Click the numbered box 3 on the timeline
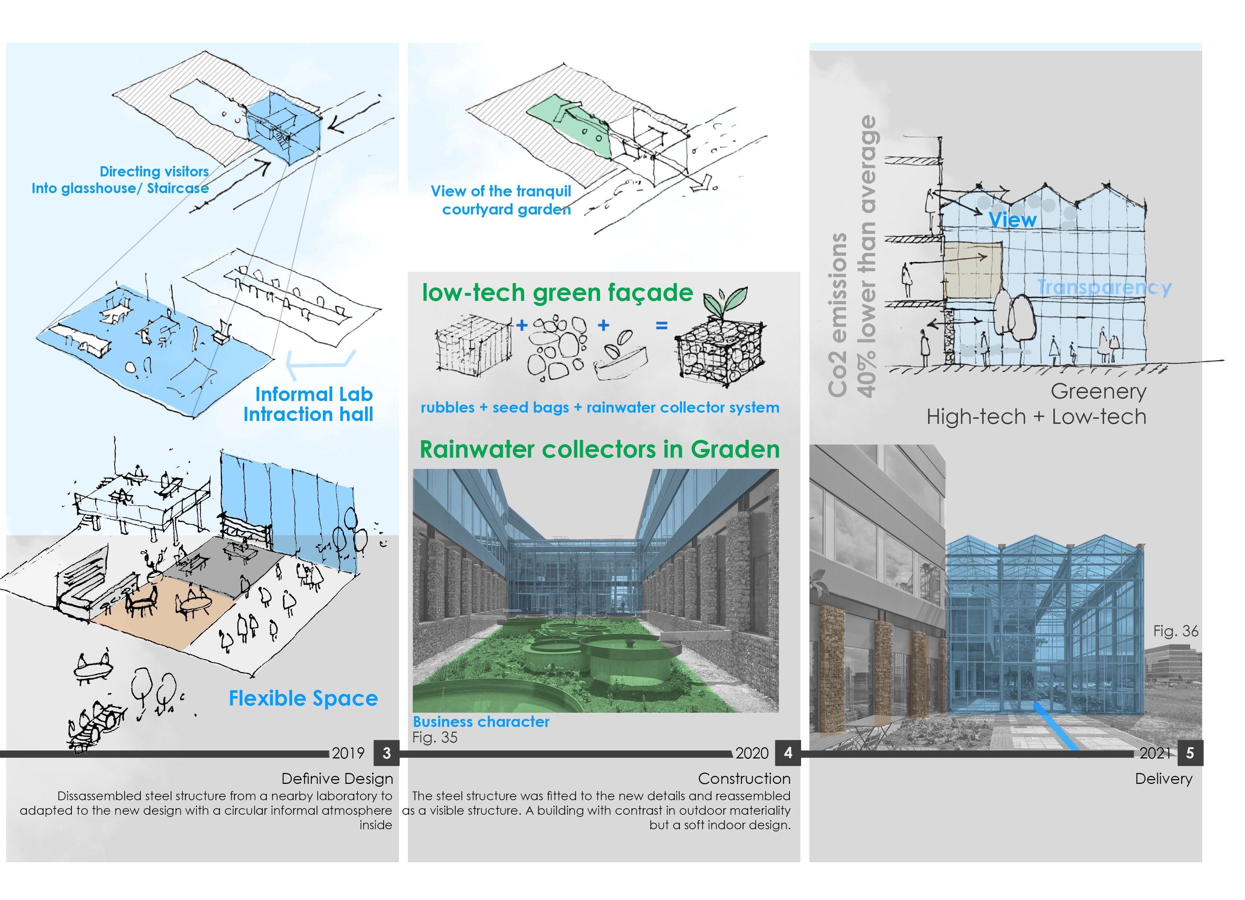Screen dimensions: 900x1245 pyautogui.click(x=387, y=753)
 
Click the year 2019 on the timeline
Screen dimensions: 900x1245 pyautogui.click(x=348, y=753)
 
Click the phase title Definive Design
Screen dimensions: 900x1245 pyautogui.click(x=337, y=779)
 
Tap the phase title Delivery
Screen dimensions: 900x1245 pyautogui.click(x=1163, y=779)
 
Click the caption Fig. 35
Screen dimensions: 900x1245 pyautogui.click(x=435, y=737)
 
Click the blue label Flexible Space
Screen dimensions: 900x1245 pyautogui.click(x=303, y=698)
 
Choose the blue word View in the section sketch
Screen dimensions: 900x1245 pyautogui.click(x=1012, y=220)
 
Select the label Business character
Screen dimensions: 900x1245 pyautogui.click(x=481, y=722)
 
